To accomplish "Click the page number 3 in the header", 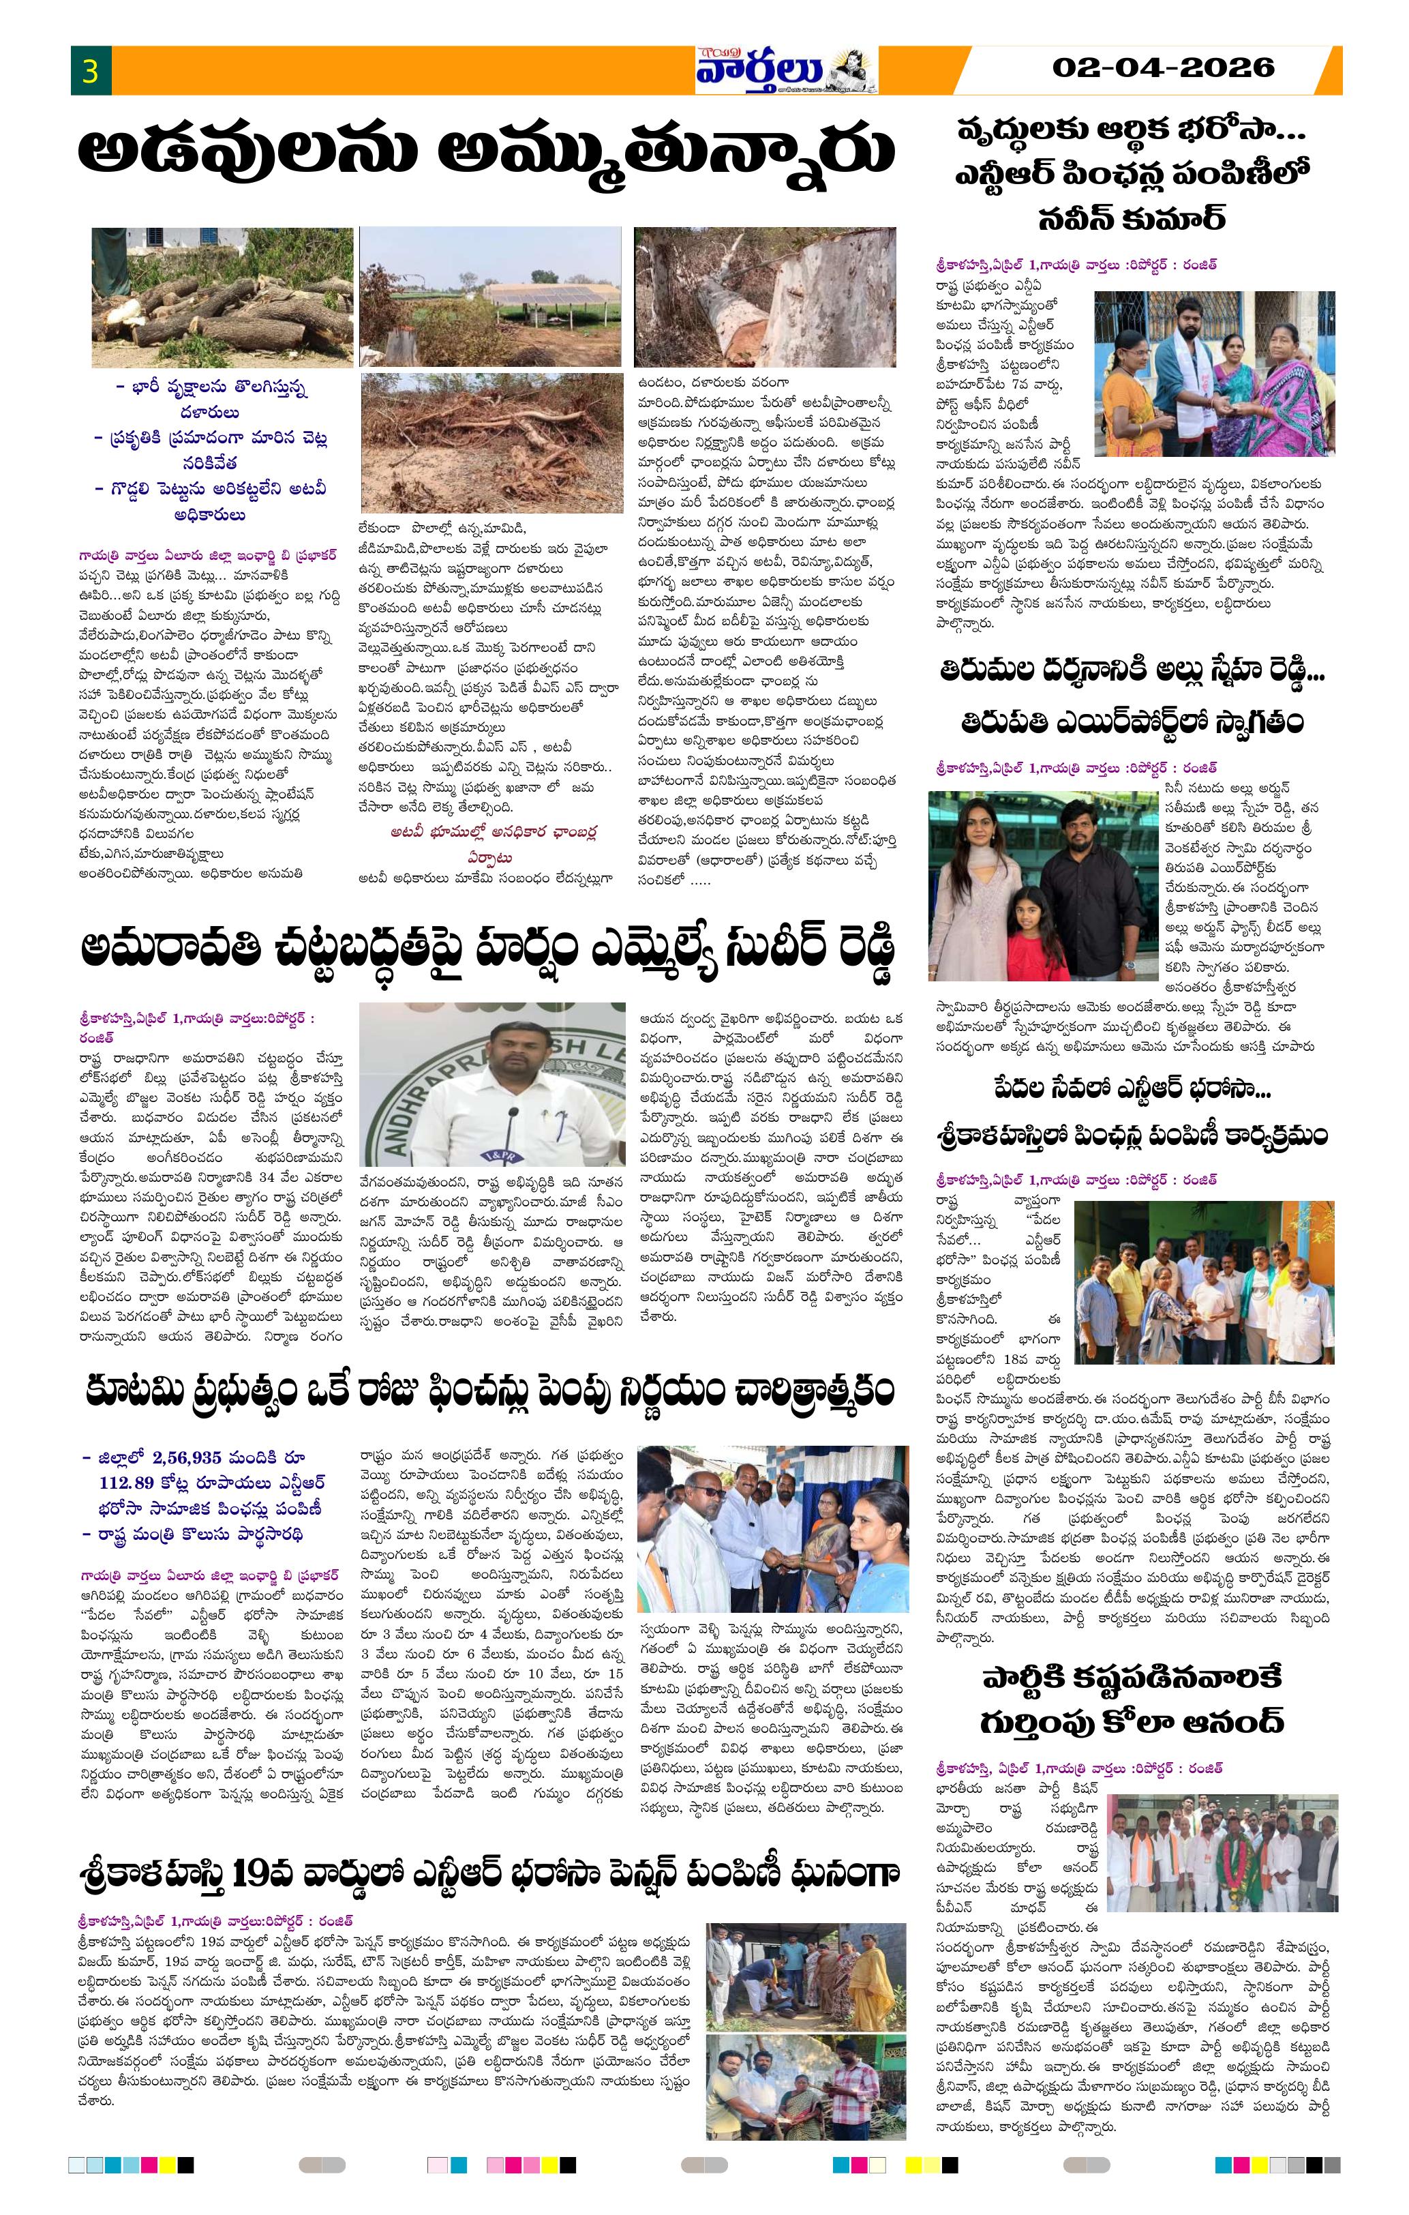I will (x=90, y=71).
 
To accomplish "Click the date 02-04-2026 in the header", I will (x=1164, y=67).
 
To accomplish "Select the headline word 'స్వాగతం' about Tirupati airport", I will (x=1249, y=719).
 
